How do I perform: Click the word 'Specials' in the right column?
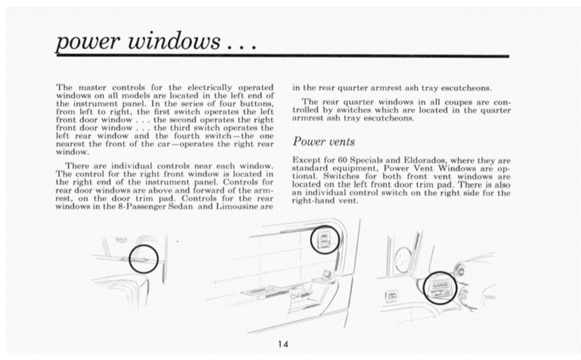(364, 161)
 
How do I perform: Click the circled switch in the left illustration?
(143, 259)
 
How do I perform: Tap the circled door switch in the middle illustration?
(325, 239)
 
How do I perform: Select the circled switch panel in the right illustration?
(440, 287)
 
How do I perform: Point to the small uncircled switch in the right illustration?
(391, 296)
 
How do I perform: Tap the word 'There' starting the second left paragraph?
(78, 164)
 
